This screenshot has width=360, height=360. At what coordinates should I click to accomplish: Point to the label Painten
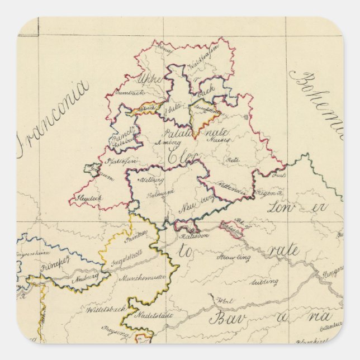(136, 237)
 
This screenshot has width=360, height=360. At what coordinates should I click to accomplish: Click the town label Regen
(262, 193)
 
